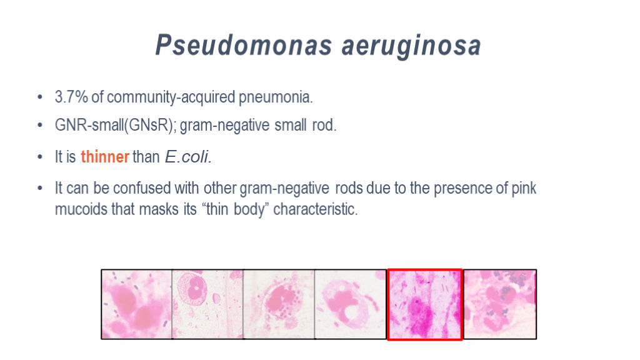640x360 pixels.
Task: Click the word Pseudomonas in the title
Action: coord(244,44)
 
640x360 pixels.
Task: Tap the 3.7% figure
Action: coord(71,97)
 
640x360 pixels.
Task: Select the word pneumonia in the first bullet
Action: coord(276,97)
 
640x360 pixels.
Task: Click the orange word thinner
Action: coord(105,157)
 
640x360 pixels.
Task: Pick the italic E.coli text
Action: coord(188,157)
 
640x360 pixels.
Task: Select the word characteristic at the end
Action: coord(315,209)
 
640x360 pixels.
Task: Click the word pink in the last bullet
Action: coord(524,189)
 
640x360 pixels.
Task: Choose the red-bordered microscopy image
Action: coord(424,304)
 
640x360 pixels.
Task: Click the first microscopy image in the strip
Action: coord(137,304)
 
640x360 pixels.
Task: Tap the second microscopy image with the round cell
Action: coord(207,304)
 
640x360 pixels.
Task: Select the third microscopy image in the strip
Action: coord(279,304)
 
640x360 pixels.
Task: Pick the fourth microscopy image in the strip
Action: coord(351,304)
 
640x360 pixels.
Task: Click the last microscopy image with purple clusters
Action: coord(500,304)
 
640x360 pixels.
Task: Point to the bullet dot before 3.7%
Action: coord(39,97)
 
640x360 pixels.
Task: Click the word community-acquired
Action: coord(171,97)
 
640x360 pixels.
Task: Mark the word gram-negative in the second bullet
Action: coord(224,125)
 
